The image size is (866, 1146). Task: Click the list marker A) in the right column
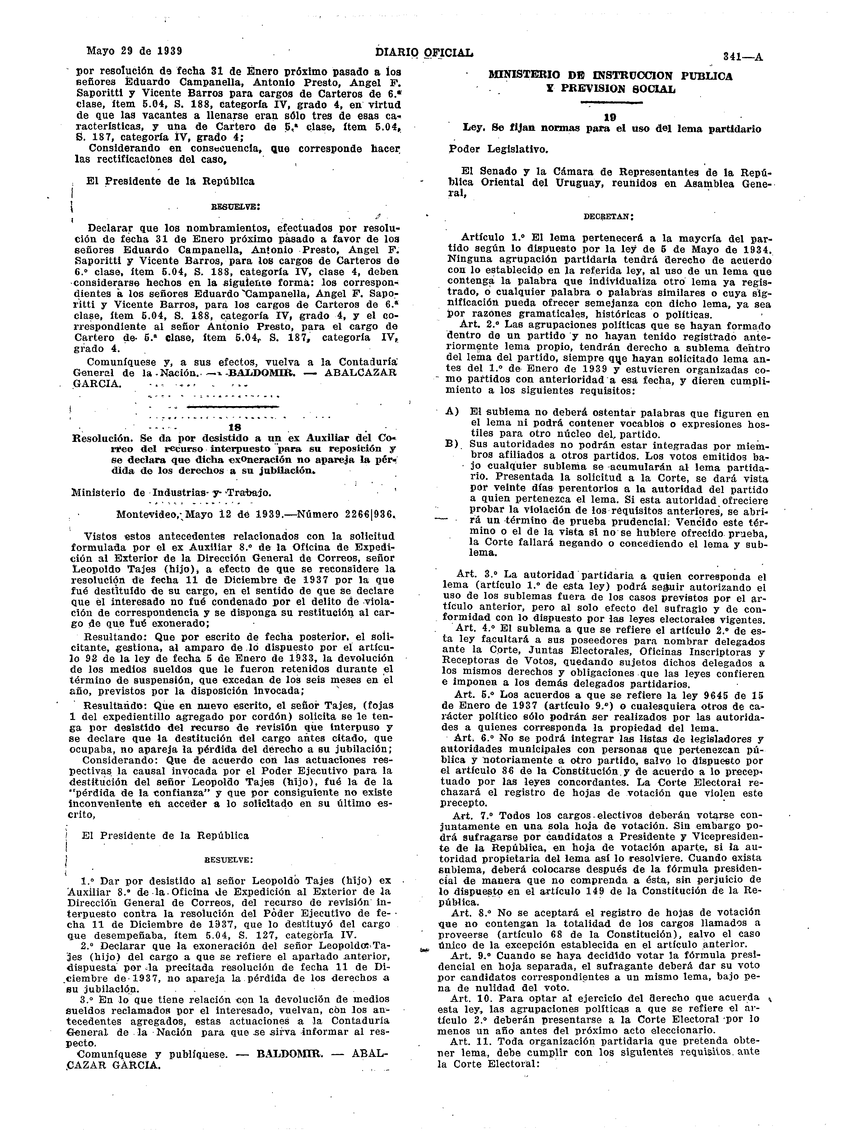click(x=452, y=412)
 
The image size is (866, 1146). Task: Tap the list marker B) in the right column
click(x=452, y=444)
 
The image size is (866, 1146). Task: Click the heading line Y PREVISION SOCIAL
click(x=611, y=88)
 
